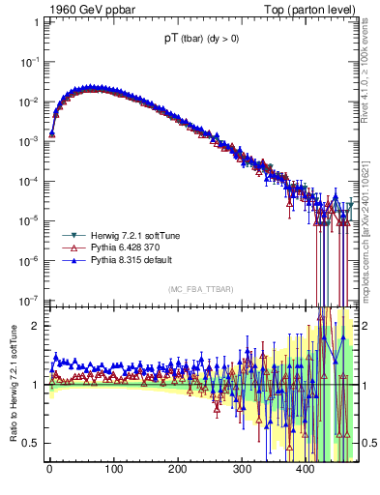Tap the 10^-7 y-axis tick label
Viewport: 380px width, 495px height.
tap(32, 300)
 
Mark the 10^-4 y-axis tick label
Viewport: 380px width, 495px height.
tap(32, 180)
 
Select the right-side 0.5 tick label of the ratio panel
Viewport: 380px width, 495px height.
tap(368, 443)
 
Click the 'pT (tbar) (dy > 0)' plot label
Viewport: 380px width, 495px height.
tap(204, 40)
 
